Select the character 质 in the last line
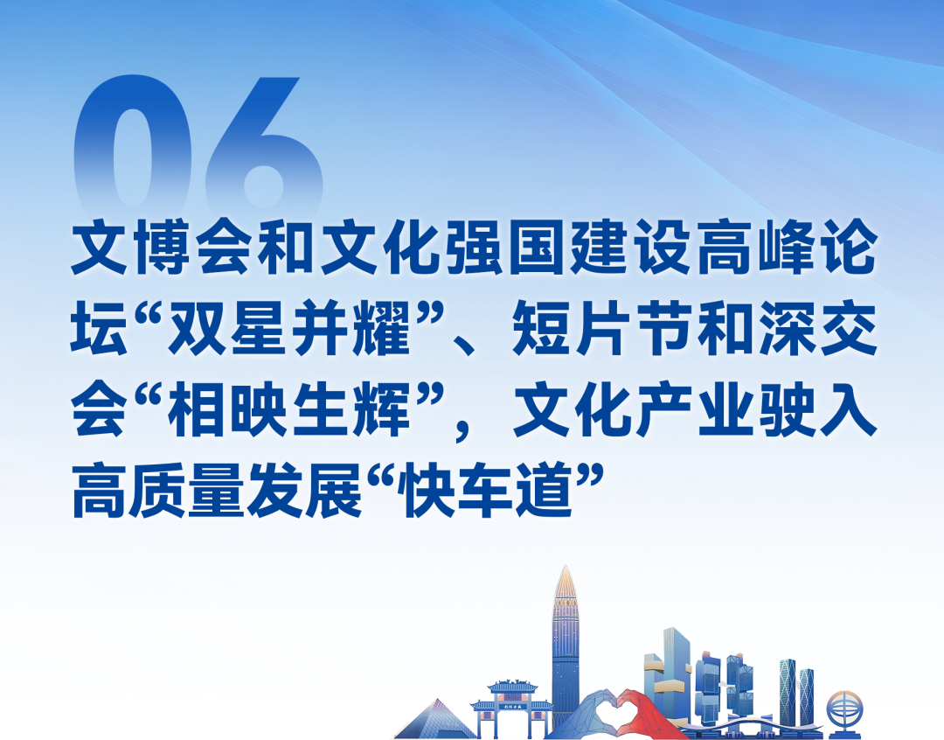[x=170, y=495]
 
